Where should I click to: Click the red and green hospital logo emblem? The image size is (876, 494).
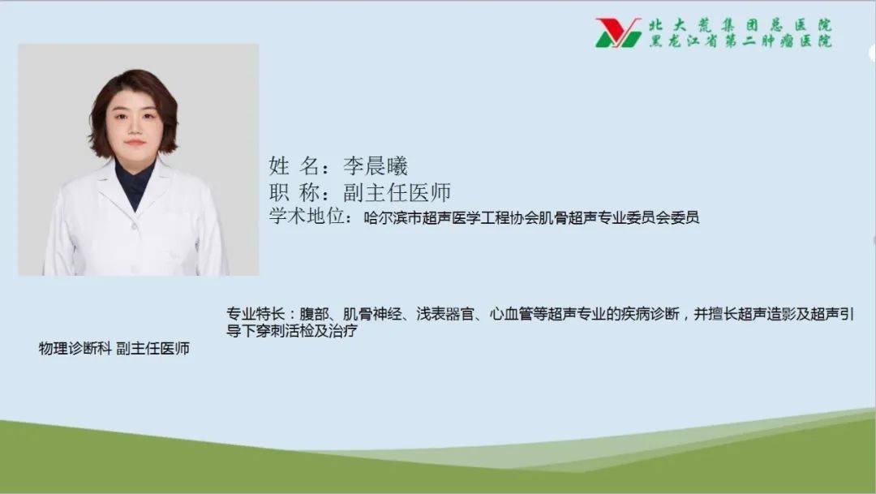(x=618, y=33)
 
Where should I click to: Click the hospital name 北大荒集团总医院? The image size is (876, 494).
(x=740, y=25)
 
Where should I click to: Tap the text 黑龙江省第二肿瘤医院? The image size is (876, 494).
(x=740, y=41)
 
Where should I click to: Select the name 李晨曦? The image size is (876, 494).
(x=374, y=166)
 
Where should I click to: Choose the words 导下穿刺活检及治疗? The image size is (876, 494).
(x=293, y=331)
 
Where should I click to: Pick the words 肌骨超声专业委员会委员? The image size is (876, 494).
(x=616, y=217)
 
